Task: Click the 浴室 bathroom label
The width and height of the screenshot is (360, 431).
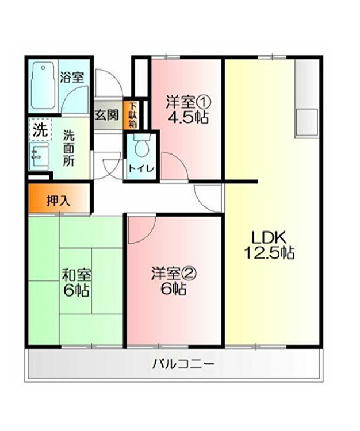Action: (x=72, y=77)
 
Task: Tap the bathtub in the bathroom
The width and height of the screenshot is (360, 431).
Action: (x=43, y=86)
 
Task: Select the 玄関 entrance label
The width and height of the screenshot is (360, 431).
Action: (x=107, y=114)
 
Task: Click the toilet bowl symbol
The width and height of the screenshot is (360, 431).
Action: (x=142, y=146)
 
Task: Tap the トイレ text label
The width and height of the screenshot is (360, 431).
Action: (x=141, y=169)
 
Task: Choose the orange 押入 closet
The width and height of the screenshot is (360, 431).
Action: (x=59, y=198)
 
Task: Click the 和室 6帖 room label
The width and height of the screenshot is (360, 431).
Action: (x=76, y=283)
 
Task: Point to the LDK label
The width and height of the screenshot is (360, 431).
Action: (x=269, y=237)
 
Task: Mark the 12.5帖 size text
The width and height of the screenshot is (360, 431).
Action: (x=270, y=253)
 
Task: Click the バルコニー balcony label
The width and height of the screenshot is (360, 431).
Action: (x=183, y=365)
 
